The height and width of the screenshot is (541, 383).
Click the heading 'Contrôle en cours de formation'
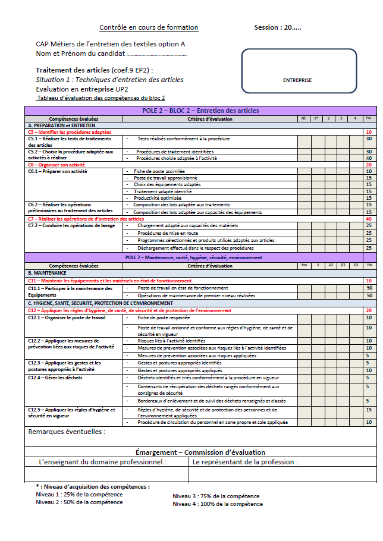[149, 27]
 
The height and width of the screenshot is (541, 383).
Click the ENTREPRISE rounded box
[298, 80]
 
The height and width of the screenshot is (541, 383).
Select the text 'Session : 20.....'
[278, 27]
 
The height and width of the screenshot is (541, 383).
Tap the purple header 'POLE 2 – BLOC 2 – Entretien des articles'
[200, 111]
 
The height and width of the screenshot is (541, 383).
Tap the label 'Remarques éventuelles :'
[67, 432]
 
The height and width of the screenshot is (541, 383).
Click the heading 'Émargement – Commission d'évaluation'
[200, 452]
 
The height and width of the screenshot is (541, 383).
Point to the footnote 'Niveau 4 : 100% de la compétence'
[217, 504]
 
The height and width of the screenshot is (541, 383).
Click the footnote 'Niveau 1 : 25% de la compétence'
[79, 494]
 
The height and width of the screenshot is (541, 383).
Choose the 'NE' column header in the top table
[303, 119]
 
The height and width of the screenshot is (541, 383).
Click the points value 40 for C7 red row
[369, 219]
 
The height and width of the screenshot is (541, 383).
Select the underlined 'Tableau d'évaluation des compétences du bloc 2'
[101, 97]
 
